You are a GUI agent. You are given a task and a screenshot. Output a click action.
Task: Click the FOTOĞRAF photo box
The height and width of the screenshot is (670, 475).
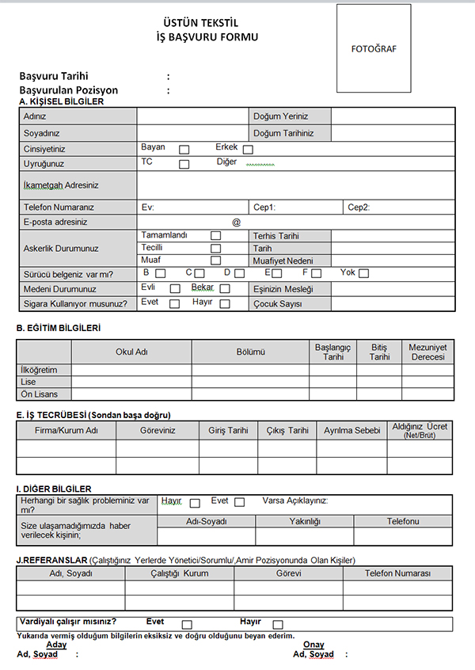pyautogui.click(x=374, y=48)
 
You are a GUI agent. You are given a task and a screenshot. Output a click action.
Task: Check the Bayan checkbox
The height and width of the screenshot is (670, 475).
pyautogui.click(x=184, y=149)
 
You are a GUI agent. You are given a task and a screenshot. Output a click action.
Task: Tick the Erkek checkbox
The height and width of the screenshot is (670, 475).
pyautogui.click(x=248, y=149)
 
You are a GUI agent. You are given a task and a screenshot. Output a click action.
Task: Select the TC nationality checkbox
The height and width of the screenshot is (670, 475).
pyautogui.click(x=184, y=164)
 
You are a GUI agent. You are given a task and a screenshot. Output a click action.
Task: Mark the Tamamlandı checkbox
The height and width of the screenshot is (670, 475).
pyautogui.click(x=215, y=236)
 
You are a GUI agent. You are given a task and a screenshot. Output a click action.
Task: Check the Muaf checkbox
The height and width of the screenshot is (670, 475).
pyautogui.click(x=215, y=260)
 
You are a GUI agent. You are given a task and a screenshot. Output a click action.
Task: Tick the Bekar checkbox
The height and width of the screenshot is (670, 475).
pyautogui.click(x=224, y=289)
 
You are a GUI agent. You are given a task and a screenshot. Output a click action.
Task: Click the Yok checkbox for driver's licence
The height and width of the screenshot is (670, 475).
pyautogui.click(x=363, y=274)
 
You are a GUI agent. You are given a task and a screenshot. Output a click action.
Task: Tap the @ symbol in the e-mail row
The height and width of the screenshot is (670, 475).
pyautogui.click(x=236, y=223)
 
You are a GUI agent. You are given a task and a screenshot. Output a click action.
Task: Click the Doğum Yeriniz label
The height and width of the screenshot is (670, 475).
pyautogui.click(x=279, y=116)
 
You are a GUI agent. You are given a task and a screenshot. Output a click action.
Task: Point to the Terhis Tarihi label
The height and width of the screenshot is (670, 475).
pyautogui.click(x=275, y=236)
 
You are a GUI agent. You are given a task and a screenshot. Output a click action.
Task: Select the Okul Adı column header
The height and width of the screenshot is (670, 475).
pyautogui.click(x=131, y=352)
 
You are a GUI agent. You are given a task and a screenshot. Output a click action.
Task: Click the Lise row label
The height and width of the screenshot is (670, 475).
pyautogui.click(x=28, y=382)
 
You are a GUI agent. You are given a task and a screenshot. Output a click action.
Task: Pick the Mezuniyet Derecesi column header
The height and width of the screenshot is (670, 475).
pyautogui.click(x=427, y=352)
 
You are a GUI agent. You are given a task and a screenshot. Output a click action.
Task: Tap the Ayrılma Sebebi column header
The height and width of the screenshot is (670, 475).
pyautogui.click(x=352, y=430)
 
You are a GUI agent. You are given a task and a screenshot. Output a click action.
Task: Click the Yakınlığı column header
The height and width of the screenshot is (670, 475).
pyautogui.click(x=304, y=522)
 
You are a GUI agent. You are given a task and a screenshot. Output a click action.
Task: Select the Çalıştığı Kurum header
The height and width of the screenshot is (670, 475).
pyautogui.click(x=179, y=573)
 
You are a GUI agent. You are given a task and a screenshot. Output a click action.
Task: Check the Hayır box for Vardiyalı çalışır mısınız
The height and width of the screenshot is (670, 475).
pyautogui.click(x=278, y=624)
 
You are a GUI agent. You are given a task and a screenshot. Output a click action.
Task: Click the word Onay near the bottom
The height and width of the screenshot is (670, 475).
pyautogui.click(x=314, y=645)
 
